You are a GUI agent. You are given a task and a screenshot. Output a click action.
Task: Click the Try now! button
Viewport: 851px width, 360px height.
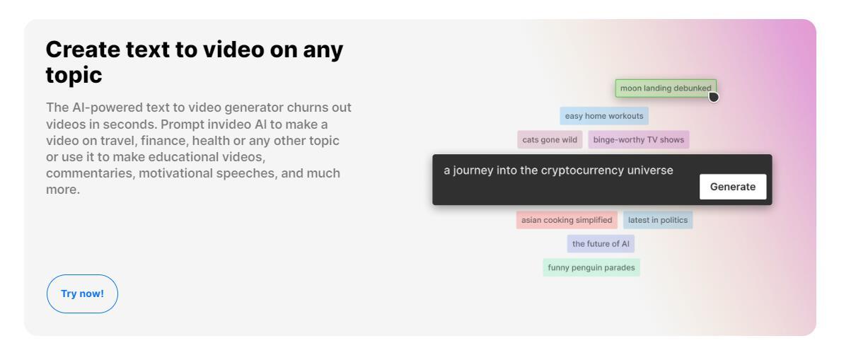tap(82, 294)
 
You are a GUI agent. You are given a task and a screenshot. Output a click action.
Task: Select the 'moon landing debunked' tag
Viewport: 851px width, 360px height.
tap(665, 88)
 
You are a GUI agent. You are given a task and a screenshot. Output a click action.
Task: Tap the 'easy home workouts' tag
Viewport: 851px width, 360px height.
tap(604, 116)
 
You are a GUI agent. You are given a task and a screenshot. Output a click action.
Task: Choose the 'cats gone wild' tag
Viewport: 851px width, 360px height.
tap(550, 139)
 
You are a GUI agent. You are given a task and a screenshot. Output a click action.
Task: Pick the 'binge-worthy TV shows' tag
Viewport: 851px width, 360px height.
tap(638, 139)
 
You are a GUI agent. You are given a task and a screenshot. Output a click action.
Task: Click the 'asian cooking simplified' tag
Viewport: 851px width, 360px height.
tap(566, 220)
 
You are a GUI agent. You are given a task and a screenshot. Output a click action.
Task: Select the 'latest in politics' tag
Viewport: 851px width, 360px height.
tap(657, 220)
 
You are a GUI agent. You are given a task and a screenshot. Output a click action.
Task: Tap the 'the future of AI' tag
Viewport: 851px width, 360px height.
tap(600, 244)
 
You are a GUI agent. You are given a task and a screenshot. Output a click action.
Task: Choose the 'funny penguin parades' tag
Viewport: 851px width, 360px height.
tap(591, 267)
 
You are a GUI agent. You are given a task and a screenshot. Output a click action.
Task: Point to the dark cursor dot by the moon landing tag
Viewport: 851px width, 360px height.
tap(713, 96)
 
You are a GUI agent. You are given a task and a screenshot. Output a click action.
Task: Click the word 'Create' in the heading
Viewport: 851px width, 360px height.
tap(84, 50)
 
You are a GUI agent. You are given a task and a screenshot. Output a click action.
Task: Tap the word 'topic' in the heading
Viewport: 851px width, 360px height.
tap(74, 75)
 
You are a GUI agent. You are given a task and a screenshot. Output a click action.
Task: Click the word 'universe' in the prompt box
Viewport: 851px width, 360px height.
tap(649, 170)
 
